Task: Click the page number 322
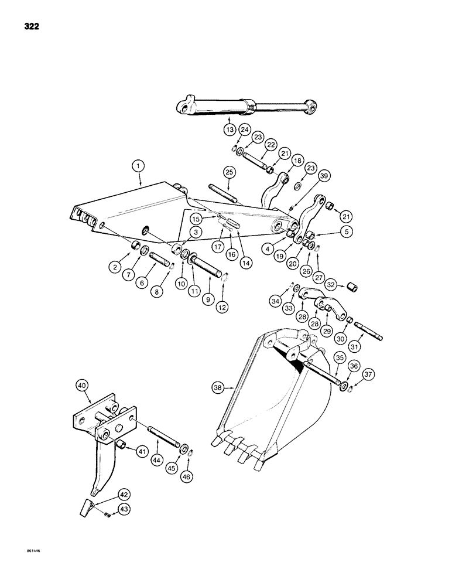pos(33,26)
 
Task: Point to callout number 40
pos(82,385)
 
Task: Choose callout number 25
pos(228,172)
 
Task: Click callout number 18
pos(297,161)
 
